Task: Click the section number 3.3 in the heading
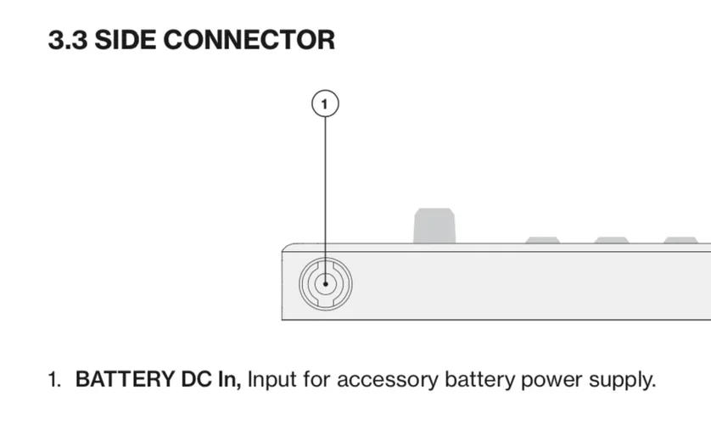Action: click(x=67, y=40)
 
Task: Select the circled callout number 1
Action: click(x=325, y=104)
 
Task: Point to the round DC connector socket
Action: click(x=325, y=283)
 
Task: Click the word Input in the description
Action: click(x=272, y=379)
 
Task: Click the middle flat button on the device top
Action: click(x=611, y=240)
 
